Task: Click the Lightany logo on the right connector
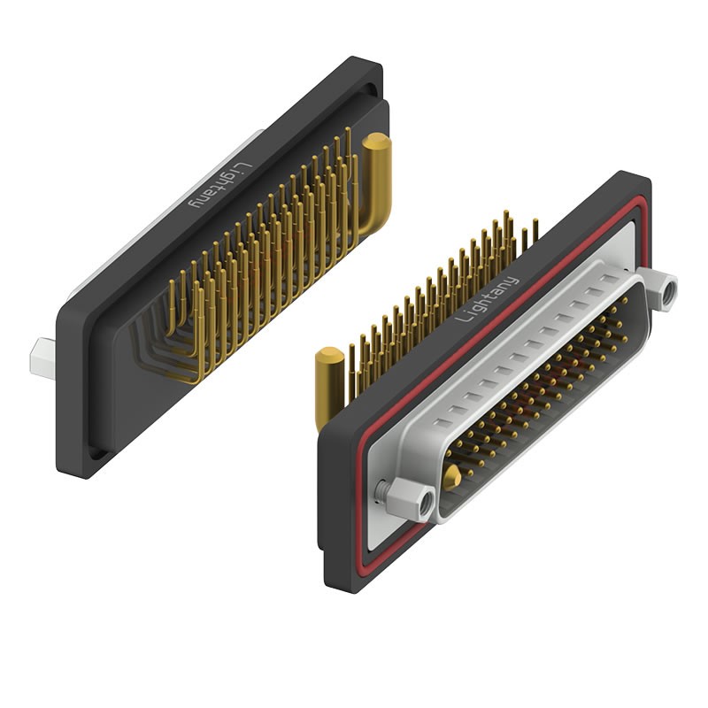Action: coord(491,302)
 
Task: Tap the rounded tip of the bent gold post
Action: coord(376,142)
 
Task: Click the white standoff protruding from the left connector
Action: coord(43,353)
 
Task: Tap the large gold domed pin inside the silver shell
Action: coord(451,478)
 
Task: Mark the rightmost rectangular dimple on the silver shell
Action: coord(611,279)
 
